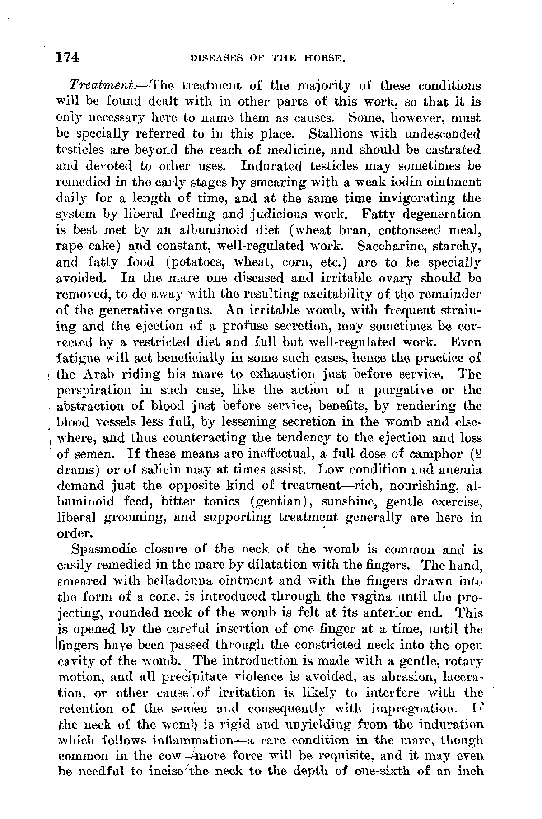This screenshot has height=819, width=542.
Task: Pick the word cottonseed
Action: point(410,230)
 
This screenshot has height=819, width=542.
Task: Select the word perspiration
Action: point(97,390)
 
